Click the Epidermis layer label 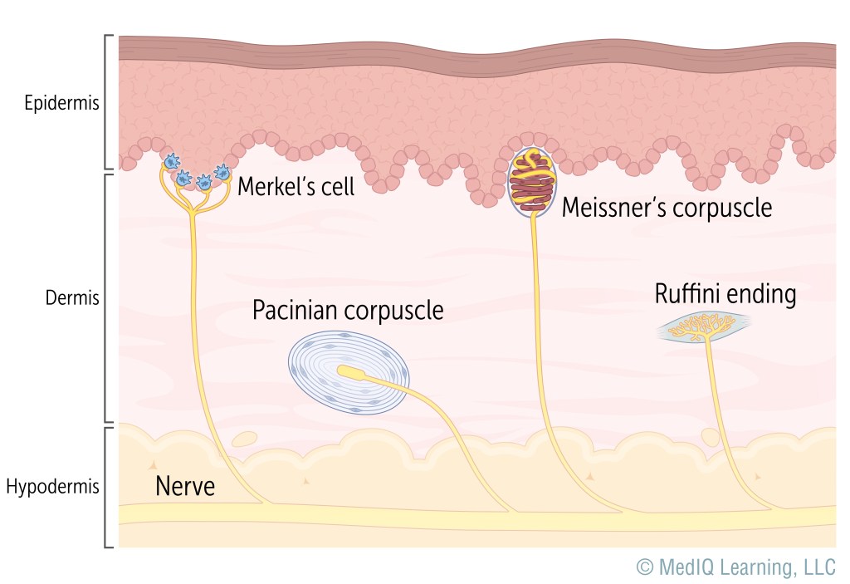[62, 105]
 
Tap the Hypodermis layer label [52, 487]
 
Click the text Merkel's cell [296, 186]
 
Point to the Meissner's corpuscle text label [667, 207]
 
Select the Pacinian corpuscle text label [348, 311]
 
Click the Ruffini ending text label [725, 294]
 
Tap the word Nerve [185, 486]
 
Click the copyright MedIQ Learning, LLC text [735, 567]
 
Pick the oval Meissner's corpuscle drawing [533, 183]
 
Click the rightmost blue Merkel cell [222, 173]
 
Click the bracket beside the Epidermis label [108, 102]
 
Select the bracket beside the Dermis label [108, 297]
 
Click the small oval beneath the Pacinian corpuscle [244, 437]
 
